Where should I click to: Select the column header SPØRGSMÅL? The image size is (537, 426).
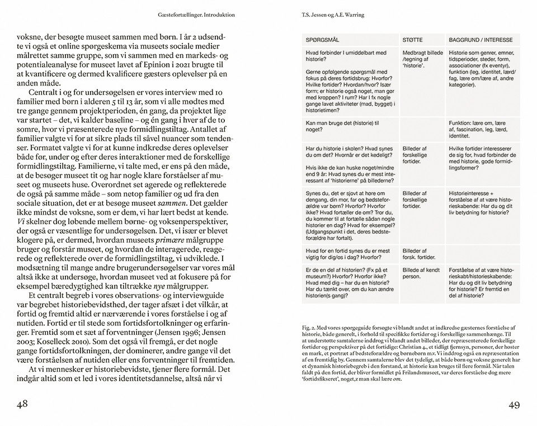[323, 41]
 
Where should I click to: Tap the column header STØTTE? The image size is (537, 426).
[412, 41]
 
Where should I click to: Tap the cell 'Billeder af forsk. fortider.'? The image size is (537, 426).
[419, 254]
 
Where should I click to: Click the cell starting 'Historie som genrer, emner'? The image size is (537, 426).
[482, 73]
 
